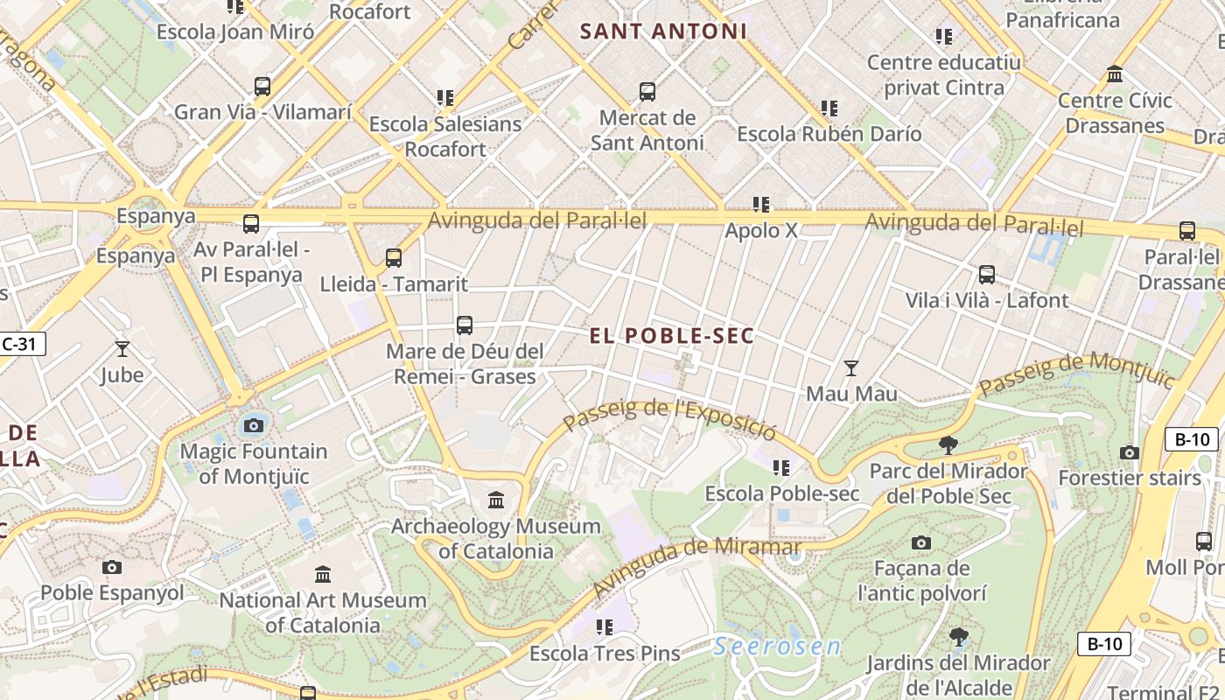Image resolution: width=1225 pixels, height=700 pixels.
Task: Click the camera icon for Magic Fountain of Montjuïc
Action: pos(254,426)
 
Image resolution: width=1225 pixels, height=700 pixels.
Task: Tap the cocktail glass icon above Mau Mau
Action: pos(850,367)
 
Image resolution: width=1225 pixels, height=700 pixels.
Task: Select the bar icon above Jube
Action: pos(122,349)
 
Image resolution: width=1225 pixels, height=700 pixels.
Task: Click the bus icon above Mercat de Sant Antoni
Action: pos(647,91)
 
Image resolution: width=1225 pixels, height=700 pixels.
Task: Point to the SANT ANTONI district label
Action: pos(663,31)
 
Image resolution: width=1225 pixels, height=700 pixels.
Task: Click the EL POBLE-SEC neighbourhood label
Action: pos(671,336)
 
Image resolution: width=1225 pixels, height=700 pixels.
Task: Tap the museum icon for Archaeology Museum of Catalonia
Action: pos(496,500)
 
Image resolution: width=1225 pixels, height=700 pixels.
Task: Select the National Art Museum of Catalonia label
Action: pos(323,612)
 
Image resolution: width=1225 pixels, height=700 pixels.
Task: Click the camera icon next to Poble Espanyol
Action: pos(111,567)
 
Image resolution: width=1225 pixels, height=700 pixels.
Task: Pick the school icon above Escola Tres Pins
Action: pos(604,626)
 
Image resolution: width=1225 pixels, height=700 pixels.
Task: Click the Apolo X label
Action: pos(761,230)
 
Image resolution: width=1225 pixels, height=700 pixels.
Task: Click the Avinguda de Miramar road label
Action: pos(697,568)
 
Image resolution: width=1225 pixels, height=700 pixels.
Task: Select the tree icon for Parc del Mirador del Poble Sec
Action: pos(948,445)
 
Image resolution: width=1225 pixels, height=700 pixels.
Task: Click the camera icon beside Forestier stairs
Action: pos(1130,452)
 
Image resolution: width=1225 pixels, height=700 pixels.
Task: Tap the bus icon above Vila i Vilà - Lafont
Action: pos(987,274)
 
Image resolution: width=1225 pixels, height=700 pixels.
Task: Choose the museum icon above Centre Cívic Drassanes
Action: pos(1115,74)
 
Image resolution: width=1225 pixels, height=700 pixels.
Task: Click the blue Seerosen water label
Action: pos(776,647)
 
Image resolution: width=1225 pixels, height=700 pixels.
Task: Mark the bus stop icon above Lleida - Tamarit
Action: pos(394,257)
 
